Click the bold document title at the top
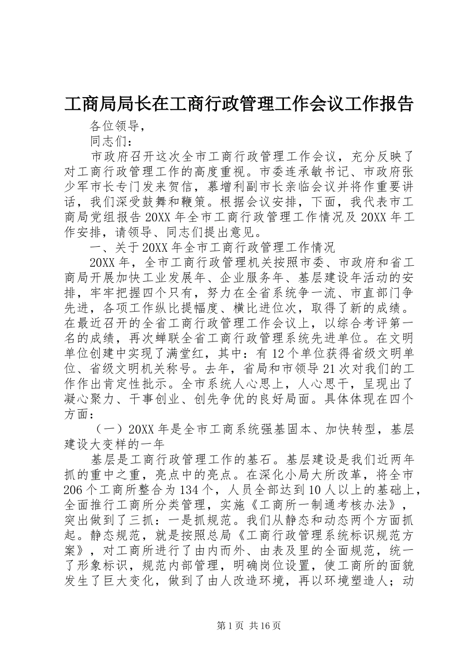(x=238, y=104)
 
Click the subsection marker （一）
(x=110, y=430)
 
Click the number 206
(x=75, y=491)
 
